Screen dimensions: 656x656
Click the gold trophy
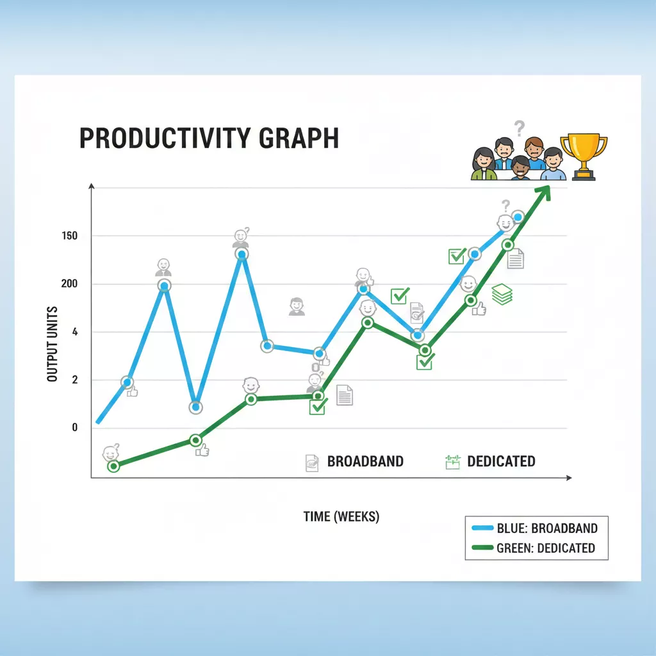(x=584, y=157)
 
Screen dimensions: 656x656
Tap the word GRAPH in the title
(x=299, y=138)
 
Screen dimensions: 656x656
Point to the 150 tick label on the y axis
(x=69, y=236)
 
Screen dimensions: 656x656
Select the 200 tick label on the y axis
(x=69, y=284)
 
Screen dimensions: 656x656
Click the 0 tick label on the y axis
(x=75, y=427)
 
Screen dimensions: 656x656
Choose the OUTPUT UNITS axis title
(x=52, y=344)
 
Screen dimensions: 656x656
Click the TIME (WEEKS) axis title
(x=341, y=517)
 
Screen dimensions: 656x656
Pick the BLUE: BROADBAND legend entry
(x=535, y=529)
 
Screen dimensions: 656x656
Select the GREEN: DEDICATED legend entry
(x=534, y=548)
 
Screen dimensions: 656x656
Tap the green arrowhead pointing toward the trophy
(x=543, y=193)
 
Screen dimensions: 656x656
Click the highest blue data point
(x=518, y=217)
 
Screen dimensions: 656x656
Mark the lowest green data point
(x=113, y=466)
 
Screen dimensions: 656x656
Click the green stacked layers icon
(x=502, y=294)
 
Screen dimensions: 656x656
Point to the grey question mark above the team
(x=519, y=128)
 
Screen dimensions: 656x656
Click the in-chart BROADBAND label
(x=365, y=461)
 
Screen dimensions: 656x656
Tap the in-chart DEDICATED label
(x=501, y=461)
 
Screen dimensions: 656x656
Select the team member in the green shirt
(x=484, y=164)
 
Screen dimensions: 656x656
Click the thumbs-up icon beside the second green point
(x=202, y=450)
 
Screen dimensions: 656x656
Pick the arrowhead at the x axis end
(x=569, y=478)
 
